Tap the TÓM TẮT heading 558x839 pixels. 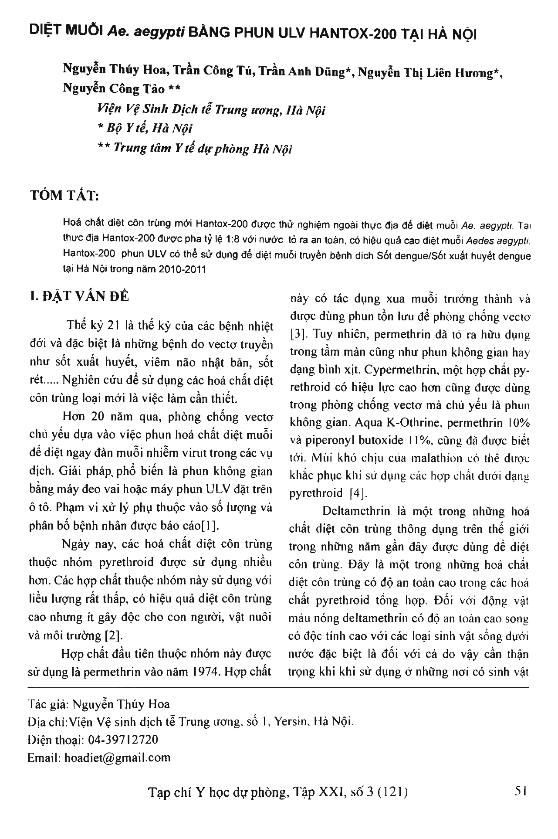pyautogui.click(x=64, y=196)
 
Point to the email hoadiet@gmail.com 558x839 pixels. pyautogui.click(x=117, y=757)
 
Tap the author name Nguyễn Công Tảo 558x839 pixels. pyautogui.click(x=114, y=89)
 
